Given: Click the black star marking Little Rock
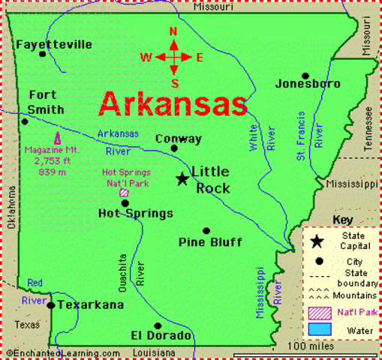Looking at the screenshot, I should [182, 178].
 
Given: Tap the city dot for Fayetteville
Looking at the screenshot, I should [43, 54].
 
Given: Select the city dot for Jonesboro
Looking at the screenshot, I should [305, 76].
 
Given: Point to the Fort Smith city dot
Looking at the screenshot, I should [25, 121].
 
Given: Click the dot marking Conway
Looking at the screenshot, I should [174, 148].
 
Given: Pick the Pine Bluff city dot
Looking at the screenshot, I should [206, 231].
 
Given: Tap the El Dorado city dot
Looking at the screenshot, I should [158, 325].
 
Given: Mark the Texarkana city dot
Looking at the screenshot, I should [50, 305].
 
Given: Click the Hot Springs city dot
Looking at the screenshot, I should [125, 202].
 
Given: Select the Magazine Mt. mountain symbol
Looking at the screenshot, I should [57, 139].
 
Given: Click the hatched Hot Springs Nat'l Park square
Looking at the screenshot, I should [124, 192].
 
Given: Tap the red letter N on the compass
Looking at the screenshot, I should [173, 32].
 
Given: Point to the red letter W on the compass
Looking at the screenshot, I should [147, 57].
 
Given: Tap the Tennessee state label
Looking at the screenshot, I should [368, 129].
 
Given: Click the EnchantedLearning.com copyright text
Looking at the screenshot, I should [62, 352].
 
